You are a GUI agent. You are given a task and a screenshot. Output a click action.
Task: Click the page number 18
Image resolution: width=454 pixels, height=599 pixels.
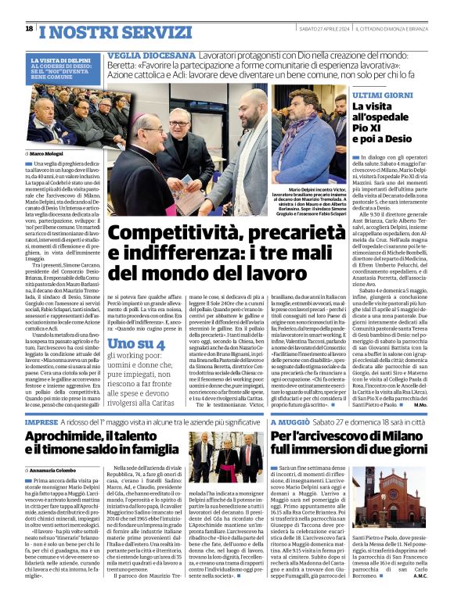coord(29,28)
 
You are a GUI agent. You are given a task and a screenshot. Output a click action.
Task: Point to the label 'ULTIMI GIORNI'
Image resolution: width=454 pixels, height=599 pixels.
coord(377,93)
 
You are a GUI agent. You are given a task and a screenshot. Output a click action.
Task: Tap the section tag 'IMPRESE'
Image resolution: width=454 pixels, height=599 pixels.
coord(41,421)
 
